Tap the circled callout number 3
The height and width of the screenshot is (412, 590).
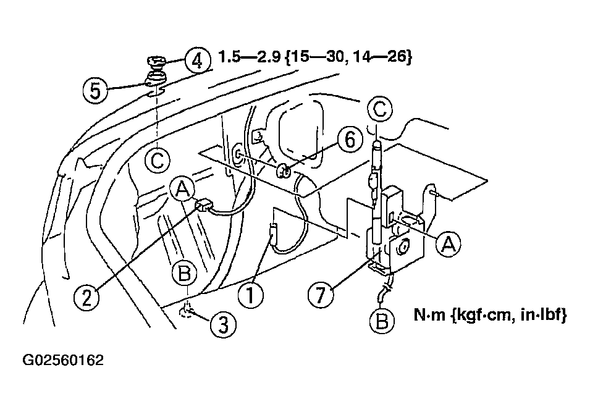[223, 324]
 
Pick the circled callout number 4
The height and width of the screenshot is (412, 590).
[198, 60]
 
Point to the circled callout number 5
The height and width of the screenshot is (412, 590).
[96, 90]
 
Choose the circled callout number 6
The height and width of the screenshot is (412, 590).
[350, 140]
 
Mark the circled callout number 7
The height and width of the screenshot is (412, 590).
[321, 293]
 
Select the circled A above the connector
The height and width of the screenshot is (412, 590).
[183, 189]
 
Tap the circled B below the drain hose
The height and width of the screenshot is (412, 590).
[382, 321]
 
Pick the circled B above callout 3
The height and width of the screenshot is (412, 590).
[184, 274]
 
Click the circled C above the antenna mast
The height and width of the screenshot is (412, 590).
[379, 109]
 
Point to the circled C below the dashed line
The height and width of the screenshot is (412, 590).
[158, 161]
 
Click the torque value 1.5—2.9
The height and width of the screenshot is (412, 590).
[249, 57]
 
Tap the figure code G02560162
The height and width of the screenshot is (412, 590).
[63, 360]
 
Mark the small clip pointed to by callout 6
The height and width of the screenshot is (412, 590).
[284, 172]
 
